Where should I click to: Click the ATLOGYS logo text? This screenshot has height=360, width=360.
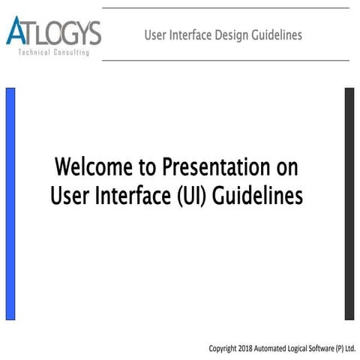tap(54, 32)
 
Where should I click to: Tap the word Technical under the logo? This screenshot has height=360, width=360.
tap(36, 53)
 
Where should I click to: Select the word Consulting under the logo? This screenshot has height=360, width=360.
tap(73, 53)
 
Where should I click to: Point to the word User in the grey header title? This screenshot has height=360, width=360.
tap(155, 35)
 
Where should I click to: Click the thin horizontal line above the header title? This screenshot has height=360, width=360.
tap(225, 8)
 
